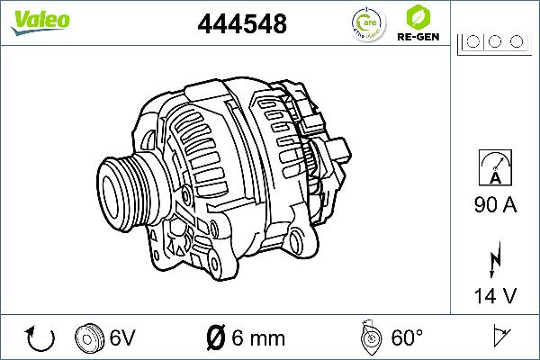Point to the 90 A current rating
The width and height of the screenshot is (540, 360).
click(x=495, y=206)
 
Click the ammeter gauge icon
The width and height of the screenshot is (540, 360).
click(x=495, y=169)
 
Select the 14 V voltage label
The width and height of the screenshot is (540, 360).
click(x=495, y=295)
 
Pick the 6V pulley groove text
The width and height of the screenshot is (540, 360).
click(x=121, y=338)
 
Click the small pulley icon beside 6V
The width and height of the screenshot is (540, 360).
click(x=90, y=337)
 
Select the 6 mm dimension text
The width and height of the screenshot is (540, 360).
click(x=257, y=338)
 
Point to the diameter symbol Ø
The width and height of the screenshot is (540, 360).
click(x=216, y=338)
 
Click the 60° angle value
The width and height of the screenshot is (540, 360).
click(x=407, y=338)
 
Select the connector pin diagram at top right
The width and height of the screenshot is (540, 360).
click(x=490, y=40)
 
